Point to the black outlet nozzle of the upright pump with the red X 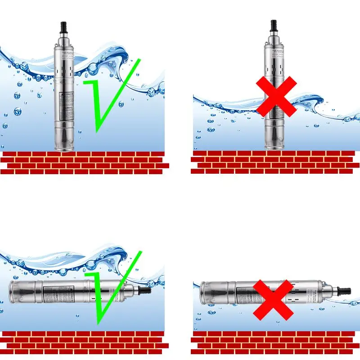(x=273, y=26)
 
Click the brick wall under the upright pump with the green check (x=83, y=162)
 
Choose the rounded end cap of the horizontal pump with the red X (x=202, y=293)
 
